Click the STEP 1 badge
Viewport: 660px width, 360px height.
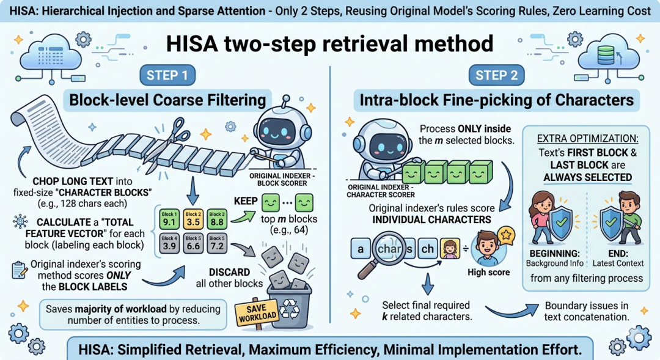coord(167,75)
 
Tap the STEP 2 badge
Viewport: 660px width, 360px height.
coord(496,75)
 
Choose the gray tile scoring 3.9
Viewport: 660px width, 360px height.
coord(169,243)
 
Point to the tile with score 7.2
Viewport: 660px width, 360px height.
coord(217,243)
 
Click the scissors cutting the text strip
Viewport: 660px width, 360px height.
coord(170,139)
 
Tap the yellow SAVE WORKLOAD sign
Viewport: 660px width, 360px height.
coord(257,312)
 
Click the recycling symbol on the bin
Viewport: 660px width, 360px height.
coord(290,309)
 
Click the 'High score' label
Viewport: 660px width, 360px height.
coord(489,273)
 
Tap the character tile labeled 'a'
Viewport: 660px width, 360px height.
coord(361,249)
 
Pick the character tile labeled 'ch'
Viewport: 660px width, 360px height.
coord(427,249)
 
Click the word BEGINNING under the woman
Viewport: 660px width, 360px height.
coord(554,254)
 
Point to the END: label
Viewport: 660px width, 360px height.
coord(618,254)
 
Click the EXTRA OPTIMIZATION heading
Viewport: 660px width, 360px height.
coord(587,139)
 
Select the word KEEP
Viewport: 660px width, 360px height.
coord(246,201)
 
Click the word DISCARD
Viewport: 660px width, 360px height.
coord(229,272)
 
